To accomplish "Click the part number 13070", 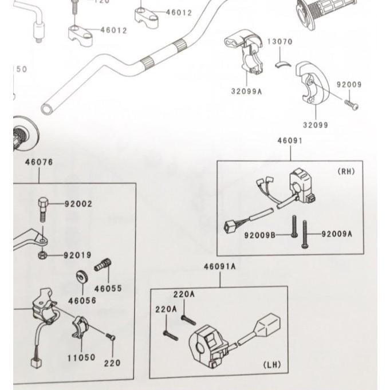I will tap(280, 42).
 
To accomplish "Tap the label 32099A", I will tap(246, 90).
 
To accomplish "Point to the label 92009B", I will tap(260, 235).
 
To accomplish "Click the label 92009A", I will tap(337, 234).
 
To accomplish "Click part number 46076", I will tap(39, 162).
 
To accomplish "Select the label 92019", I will tap(78, 255).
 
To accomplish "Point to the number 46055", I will tap(108, 289).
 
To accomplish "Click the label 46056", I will tap(82, 300).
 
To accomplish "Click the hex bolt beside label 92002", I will tap(44, 209).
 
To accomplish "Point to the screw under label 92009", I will tap(351, 105).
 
